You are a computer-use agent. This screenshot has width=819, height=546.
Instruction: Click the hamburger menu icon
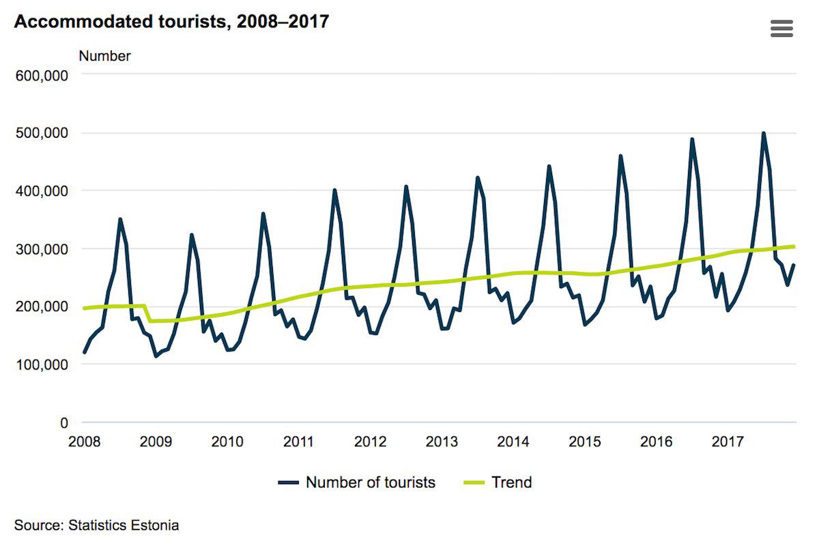(x=781, y=29)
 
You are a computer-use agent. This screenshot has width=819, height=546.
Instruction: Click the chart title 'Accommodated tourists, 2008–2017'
(x=171, y=22)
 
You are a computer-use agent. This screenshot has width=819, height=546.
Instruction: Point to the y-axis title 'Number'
(x=104, y=56)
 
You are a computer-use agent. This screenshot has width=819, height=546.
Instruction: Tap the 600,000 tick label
(x=42, y=76)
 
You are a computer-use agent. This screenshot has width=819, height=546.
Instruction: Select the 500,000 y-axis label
(x=42, y=133)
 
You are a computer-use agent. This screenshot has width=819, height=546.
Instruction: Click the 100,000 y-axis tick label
(x=42, y=364)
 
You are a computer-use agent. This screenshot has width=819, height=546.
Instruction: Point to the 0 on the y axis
(x=64, y=422)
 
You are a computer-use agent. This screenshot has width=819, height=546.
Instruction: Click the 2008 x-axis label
(x=85, y=442)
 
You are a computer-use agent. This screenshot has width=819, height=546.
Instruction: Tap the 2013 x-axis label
(x=442, y=442)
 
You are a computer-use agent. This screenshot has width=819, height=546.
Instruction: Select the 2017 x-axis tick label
(x=728, y=442)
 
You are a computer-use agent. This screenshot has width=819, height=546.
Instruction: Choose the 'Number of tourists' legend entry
(x=357, y=483)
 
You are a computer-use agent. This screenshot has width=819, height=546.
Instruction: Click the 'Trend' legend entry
(x=498, y=483)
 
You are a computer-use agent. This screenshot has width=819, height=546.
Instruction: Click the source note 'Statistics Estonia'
(x=124, y=525)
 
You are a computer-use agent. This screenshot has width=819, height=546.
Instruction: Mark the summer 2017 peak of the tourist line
(x=764, y=133)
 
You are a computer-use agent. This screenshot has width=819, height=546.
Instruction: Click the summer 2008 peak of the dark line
(x=120, y=219)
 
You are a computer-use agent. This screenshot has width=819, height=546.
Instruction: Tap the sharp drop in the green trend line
(x=147, y=313)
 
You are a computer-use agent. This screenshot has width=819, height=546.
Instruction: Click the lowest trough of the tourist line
(x=156, y=356)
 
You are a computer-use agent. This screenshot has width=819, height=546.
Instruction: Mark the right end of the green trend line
(x=794, y=246)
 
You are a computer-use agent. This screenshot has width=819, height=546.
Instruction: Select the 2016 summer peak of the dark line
(x=692, y=139)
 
